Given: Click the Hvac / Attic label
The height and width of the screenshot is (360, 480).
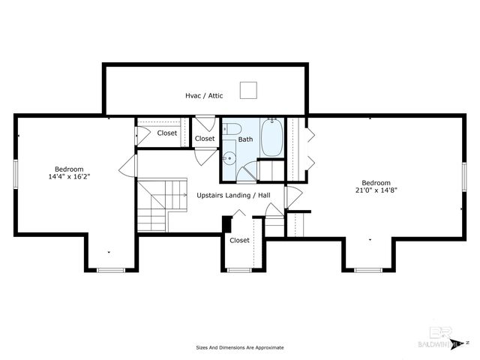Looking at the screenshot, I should tap(205, 96).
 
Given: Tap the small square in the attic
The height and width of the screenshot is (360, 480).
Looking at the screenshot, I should tap(248, 90).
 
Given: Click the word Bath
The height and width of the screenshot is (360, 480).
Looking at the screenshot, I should tap(245, 139).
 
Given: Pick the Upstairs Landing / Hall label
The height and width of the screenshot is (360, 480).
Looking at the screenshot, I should tap(233, 196).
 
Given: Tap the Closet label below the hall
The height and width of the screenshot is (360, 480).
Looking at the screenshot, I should tap(239, 241).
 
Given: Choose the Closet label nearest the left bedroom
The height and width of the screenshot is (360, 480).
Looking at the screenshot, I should tap(167, 133).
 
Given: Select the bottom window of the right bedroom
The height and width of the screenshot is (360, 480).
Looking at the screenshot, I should tap(369, 269).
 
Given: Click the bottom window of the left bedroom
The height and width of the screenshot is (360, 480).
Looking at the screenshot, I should tap(109, 269).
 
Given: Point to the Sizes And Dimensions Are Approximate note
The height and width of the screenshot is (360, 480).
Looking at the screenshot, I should tap(240, 348).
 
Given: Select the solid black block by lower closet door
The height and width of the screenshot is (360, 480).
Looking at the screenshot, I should tap(226, 223).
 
